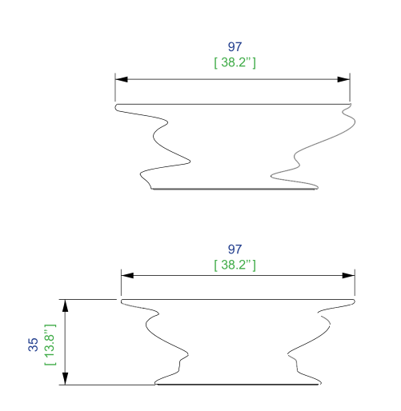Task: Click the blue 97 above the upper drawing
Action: coord(235,46)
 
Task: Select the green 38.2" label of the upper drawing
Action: coord(235,62)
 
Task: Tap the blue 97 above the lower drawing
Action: coord(235,249)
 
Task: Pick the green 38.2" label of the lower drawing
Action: coord(235,265)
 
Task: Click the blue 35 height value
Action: coord(33,345)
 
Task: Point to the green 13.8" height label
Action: coord(50,345)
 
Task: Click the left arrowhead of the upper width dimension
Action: coord(122,79)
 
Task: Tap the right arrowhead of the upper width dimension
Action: coord(343,79)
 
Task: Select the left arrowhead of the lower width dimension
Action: coord(127,275)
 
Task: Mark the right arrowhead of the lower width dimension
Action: coord(348,275)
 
